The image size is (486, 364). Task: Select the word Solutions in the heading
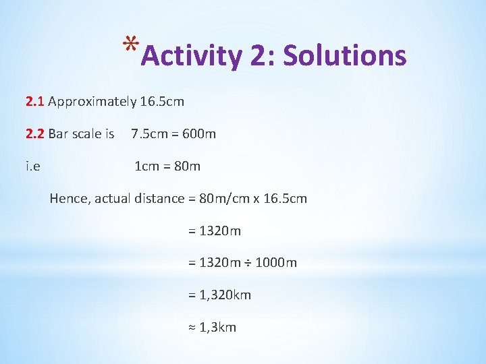(345, 57)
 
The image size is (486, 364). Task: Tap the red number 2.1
(35, 102)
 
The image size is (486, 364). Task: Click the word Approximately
(92, 102)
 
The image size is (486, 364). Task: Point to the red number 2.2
(35, 134)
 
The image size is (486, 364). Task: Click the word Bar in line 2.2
(59, 134)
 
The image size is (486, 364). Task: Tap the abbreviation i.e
(32, 166)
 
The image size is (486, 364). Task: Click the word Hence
(70, 199)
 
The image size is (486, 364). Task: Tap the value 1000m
(277, 263)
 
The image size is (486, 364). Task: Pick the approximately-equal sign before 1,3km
(191, 328)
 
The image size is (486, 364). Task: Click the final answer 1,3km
(218, 328)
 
